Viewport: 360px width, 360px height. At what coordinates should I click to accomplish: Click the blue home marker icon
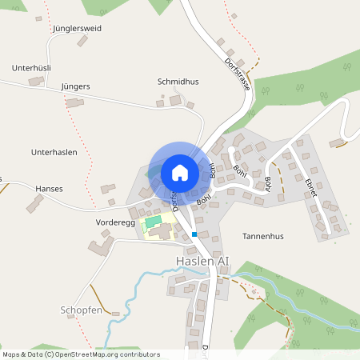tap(179, 173)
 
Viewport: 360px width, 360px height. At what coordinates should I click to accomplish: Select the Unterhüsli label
tap(32, 69)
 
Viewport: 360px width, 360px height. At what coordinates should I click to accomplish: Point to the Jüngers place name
tap(74, 86)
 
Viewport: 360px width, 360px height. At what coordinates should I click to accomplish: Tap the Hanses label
tap(49, 189)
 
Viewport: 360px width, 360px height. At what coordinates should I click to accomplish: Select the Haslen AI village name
tap(202, 262)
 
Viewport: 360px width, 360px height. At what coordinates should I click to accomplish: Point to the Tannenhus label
tap(263, 237)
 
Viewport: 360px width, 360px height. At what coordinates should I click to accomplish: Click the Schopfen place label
tap(82, 309)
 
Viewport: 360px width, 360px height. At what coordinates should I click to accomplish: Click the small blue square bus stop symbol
tap(194, 234)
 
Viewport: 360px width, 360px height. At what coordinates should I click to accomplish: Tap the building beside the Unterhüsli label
tap(36, 81)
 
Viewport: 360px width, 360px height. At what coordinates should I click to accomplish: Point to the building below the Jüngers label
tap(74, 102)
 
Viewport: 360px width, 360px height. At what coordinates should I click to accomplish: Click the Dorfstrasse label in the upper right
tap(238, 73)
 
